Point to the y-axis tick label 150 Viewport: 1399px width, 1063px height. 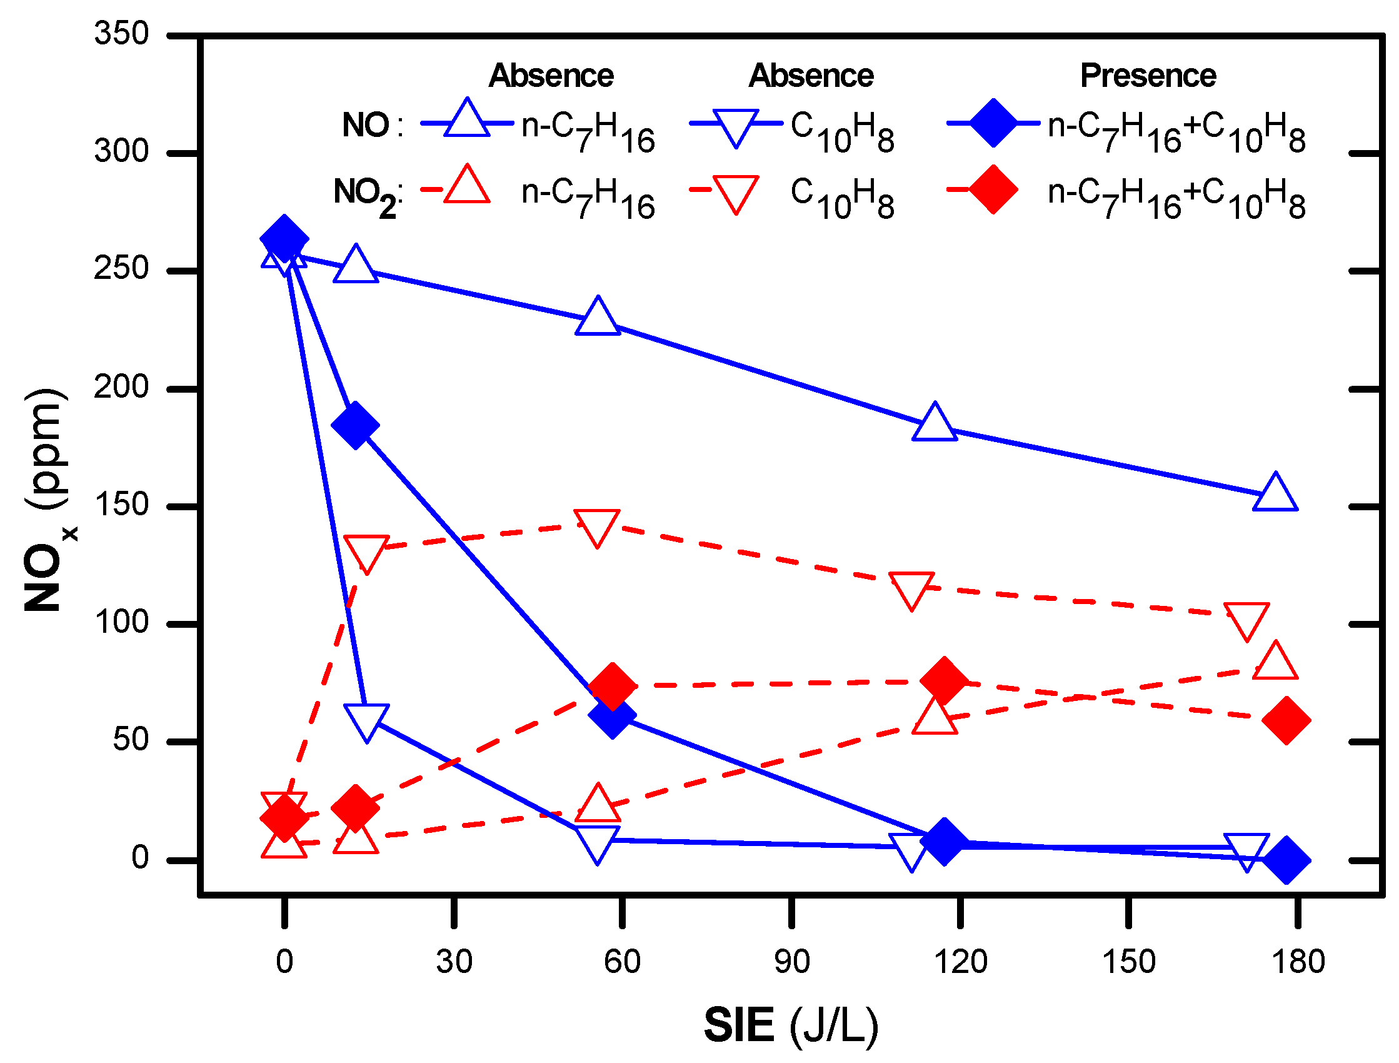(121, 505)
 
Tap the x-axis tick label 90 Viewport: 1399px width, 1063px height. (791, 962)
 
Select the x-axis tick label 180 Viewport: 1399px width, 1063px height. (1298, 962)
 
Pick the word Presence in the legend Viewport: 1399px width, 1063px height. (1147, 76)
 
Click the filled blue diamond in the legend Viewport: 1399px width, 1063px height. (993, 123)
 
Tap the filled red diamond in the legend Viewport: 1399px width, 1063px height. (993, 190)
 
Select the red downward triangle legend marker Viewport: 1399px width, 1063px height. (736, 193)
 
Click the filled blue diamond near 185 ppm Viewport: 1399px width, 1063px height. (356, 425)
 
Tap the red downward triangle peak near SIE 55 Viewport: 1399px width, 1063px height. (597, 526)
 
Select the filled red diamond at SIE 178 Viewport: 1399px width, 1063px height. (1286, 721)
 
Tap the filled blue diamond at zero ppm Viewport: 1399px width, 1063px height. (1286, 860)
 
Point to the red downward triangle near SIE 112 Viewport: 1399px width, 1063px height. (911, 589)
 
